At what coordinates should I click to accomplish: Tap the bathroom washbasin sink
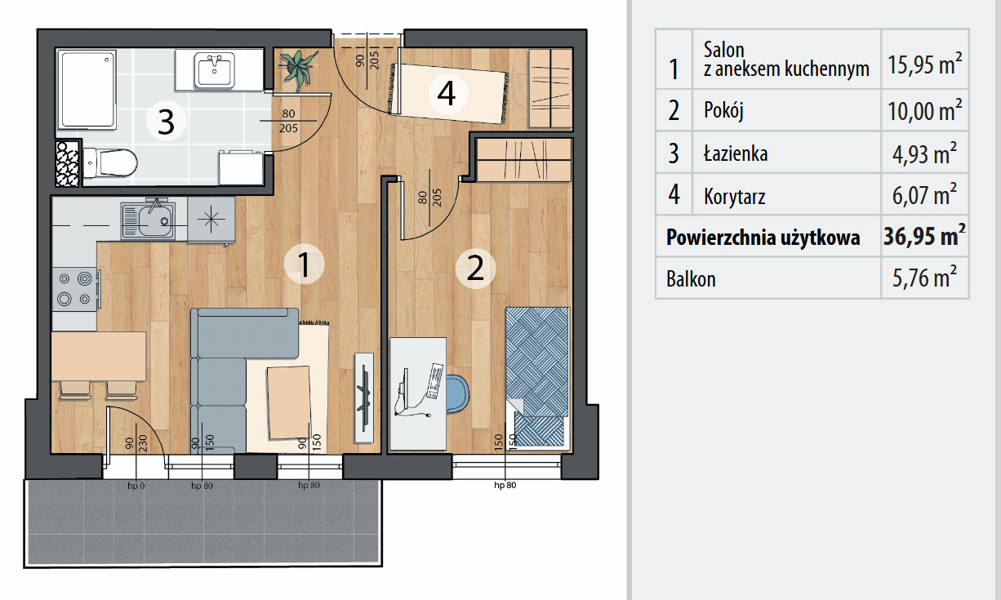[x=215, y=70]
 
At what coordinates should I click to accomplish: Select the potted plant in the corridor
[x=297, y=69]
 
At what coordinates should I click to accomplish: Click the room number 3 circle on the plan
[x=167, y=122]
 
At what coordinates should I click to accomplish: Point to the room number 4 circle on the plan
[x=447, y=94]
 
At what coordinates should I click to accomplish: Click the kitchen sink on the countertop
[x=148, y=220]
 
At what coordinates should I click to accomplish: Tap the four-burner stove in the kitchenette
[x=75, y=289]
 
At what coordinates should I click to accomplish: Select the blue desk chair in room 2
[x=457, y=393]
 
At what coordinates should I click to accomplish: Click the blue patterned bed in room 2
[x=537, y=377]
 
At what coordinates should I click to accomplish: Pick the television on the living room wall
[x=364, y=398]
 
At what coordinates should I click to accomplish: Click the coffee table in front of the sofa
[x=290, y=402]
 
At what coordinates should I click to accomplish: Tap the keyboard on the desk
[x=435, y=381]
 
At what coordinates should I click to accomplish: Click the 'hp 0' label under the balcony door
[x=136, y=486]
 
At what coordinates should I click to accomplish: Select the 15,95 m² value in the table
[x=924, y=64]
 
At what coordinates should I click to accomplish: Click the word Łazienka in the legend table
[x=736, y=153]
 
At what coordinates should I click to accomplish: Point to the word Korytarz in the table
[x=735, y=197]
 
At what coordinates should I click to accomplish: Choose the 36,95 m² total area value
[x=924, y=235]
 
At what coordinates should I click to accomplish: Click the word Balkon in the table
[x=691, y=279]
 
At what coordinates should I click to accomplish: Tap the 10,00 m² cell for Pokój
[x=924, y=110]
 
